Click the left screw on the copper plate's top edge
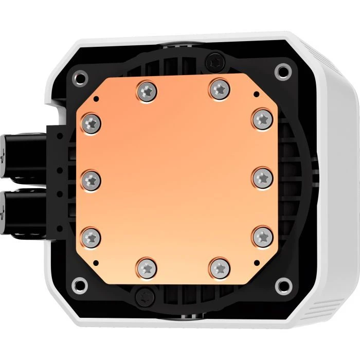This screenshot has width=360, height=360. (x=147, y=92)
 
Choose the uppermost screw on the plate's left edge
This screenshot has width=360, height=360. (x=92, y=122)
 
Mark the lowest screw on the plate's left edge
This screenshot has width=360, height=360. (x=92, y=236)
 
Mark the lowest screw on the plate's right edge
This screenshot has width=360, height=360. (x=263, y=236)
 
